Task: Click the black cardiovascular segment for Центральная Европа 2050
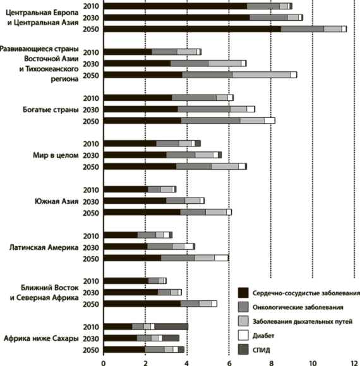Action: (192, 29)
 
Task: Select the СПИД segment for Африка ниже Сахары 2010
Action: (171, 326)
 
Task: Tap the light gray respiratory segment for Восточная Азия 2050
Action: (261, 75)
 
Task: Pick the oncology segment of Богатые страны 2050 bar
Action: (211, 121)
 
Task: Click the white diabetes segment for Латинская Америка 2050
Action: (221, 258)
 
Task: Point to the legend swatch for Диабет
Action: (243, 335)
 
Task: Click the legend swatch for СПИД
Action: (243, 350)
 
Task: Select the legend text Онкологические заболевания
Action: (298, 307)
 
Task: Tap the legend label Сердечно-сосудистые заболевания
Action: (306, 293)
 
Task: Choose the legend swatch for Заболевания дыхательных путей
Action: (243, 321)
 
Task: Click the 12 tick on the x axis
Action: (354, 363)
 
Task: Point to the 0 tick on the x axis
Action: (104, 363)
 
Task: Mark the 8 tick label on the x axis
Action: (271, 363)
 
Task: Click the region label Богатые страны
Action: (51, 109)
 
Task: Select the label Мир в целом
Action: (56, 155)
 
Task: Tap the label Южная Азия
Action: (57, 201)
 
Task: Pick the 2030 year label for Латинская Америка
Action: (91, 247)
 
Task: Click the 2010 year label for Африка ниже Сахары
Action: (91, 327)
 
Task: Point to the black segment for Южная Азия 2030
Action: (135, 201)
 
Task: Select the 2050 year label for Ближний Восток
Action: (91, 304)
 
